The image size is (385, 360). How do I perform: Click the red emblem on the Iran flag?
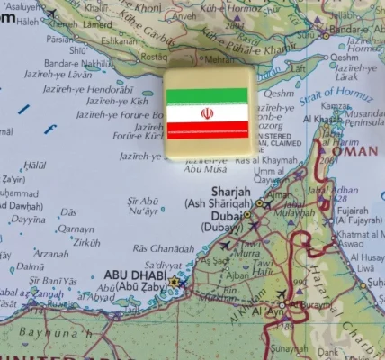(x=207, y=113)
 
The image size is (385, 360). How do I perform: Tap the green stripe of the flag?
(x=207, y=95)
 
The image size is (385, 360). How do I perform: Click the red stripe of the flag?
(x=207, y=131)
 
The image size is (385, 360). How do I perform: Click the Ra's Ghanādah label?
(x=162, y=248)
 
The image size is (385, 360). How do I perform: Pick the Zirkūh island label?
(x=86, y=243)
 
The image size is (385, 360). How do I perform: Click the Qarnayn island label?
(x=76, y=229)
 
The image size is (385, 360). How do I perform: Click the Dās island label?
(x=68, y=212)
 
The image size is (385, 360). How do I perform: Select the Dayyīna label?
(x=28, y=220)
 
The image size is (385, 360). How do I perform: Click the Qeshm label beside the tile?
(x=280, y=92)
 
